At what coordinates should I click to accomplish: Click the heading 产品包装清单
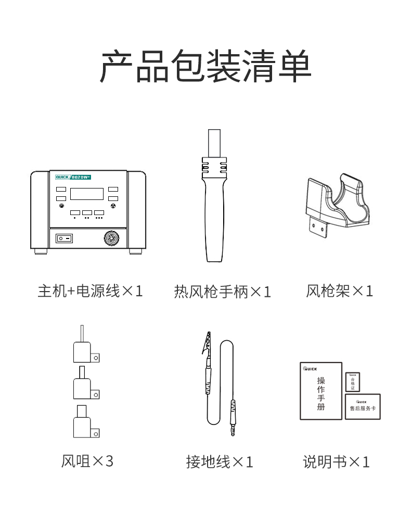tap(205, 66)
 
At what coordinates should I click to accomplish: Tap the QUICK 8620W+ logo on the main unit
tap(73, 177)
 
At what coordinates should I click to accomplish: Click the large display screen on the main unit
tap(87, 194)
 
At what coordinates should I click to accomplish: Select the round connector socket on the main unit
tap(111, 238)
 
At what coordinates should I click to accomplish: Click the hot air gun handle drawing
tap(214, 195)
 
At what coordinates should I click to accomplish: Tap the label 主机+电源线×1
tap(90, 291)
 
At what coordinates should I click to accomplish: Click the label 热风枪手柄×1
tap(222, 292)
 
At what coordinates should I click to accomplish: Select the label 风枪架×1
tap(339, 291)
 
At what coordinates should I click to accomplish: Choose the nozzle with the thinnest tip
tap(86, 347)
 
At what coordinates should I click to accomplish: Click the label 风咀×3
tap(87, 461)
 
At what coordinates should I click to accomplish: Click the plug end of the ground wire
tap(233, 418)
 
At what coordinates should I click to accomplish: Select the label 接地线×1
tap(220, 462)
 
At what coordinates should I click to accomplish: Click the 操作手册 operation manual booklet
tap(321, 391)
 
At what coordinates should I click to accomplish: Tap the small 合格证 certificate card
tap(353, 382)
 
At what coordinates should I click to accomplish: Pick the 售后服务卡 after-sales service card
tap(363, 407)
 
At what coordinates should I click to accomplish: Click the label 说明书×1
tap(336, 462)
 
